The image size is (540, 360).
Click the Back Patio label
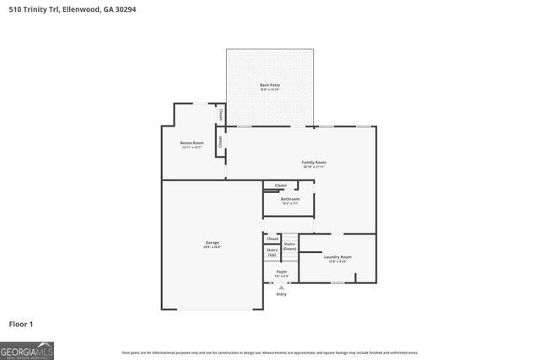(x=269, y=85)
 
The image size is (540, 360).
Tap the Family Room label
(x=314, y=162)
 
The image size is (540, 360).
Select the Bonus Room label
(x=192, y=142)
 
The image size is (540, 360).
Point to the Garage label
(x=212, y=243)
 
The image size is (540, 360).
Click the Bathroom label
(x=290, y=199)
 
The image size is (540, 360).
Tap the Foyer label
(x=281, y=271)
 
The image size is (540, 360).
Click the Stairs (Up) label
(x=272, y=252)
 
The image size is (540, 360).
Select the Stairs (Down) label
(x=289, y=246)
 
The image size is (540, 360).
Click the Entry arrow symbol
(x=281, y=287)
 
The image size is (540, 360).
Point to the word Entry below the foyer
(x=281, y=293)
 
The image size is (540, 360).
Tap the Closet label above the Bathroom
(x=280, y=185)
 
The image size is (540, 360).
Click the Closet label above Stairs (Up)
(x=272, y=239)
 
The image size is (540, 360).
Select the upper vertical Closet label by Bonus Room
(x=221, y=114)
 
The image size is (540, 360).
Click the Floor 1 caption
(x=20, y=323)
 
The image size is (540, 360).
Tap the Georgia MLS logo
(x=27, y=350)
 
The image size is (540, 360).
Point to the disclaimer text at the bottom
(x=269, y=352)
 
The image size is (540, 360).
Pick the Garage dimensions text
(x=212, y=248)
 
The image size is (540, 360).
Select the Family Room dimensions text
(x=314, y=167)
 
